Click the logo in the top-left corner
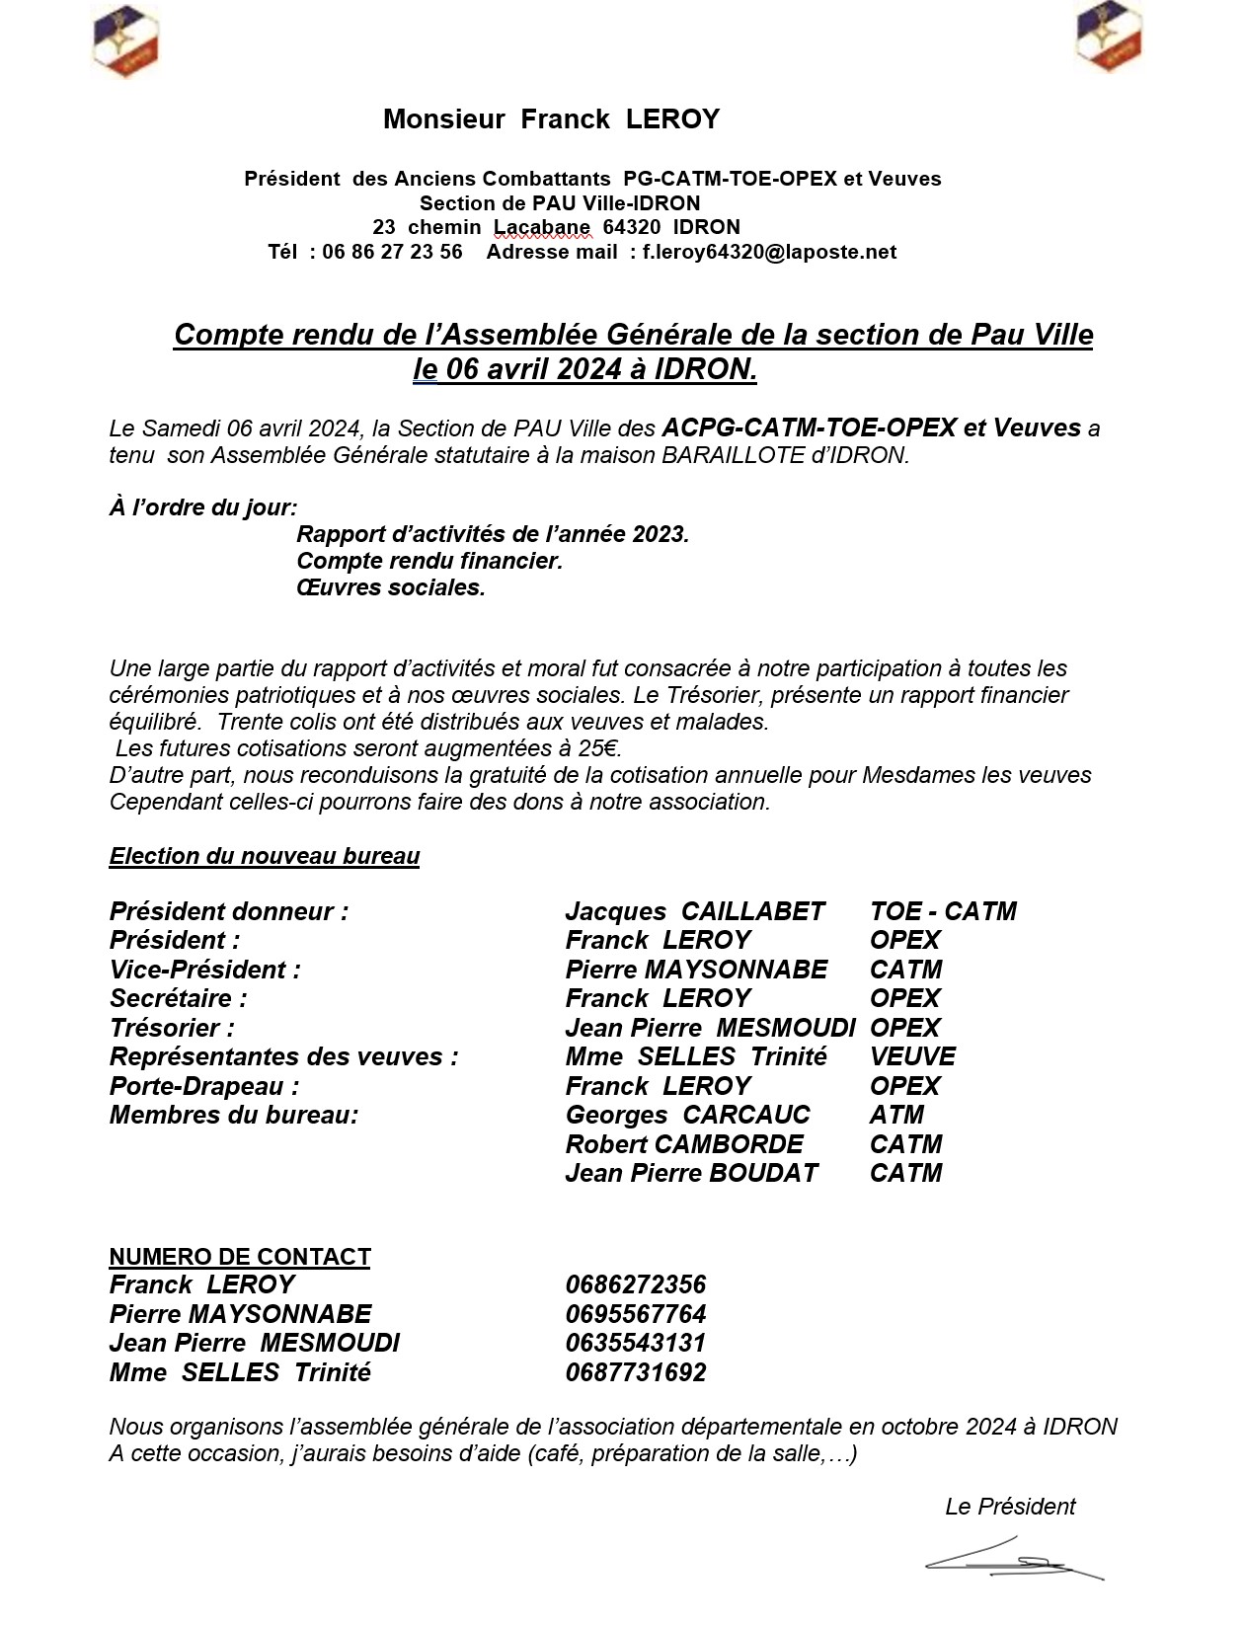click(124, 40)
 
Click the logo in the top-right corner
click(1109, 37)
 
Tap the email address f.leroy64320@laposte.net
click(769, 252)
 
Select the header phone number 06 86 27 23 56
click(392, 252)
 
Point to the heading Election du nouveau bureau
click(265, 856)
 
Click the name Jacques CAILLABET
click(694, 911)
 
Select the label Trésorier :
click(172, 1028)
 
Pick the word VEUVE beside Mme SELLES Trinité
click(912, 1056)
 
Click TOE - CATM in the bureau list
click(943, 911)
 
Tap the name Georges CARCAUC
click(687, 1115)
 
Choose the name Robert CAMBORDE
click(684, 1144)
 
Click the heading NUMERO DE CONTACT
click(240, 1257)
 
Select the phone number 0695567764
click(636, 1314)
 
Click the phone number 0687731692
click(636, 1372)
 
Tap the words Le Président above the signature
click(1010, 1507)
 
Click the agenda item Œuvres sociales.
click(391, 587)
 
